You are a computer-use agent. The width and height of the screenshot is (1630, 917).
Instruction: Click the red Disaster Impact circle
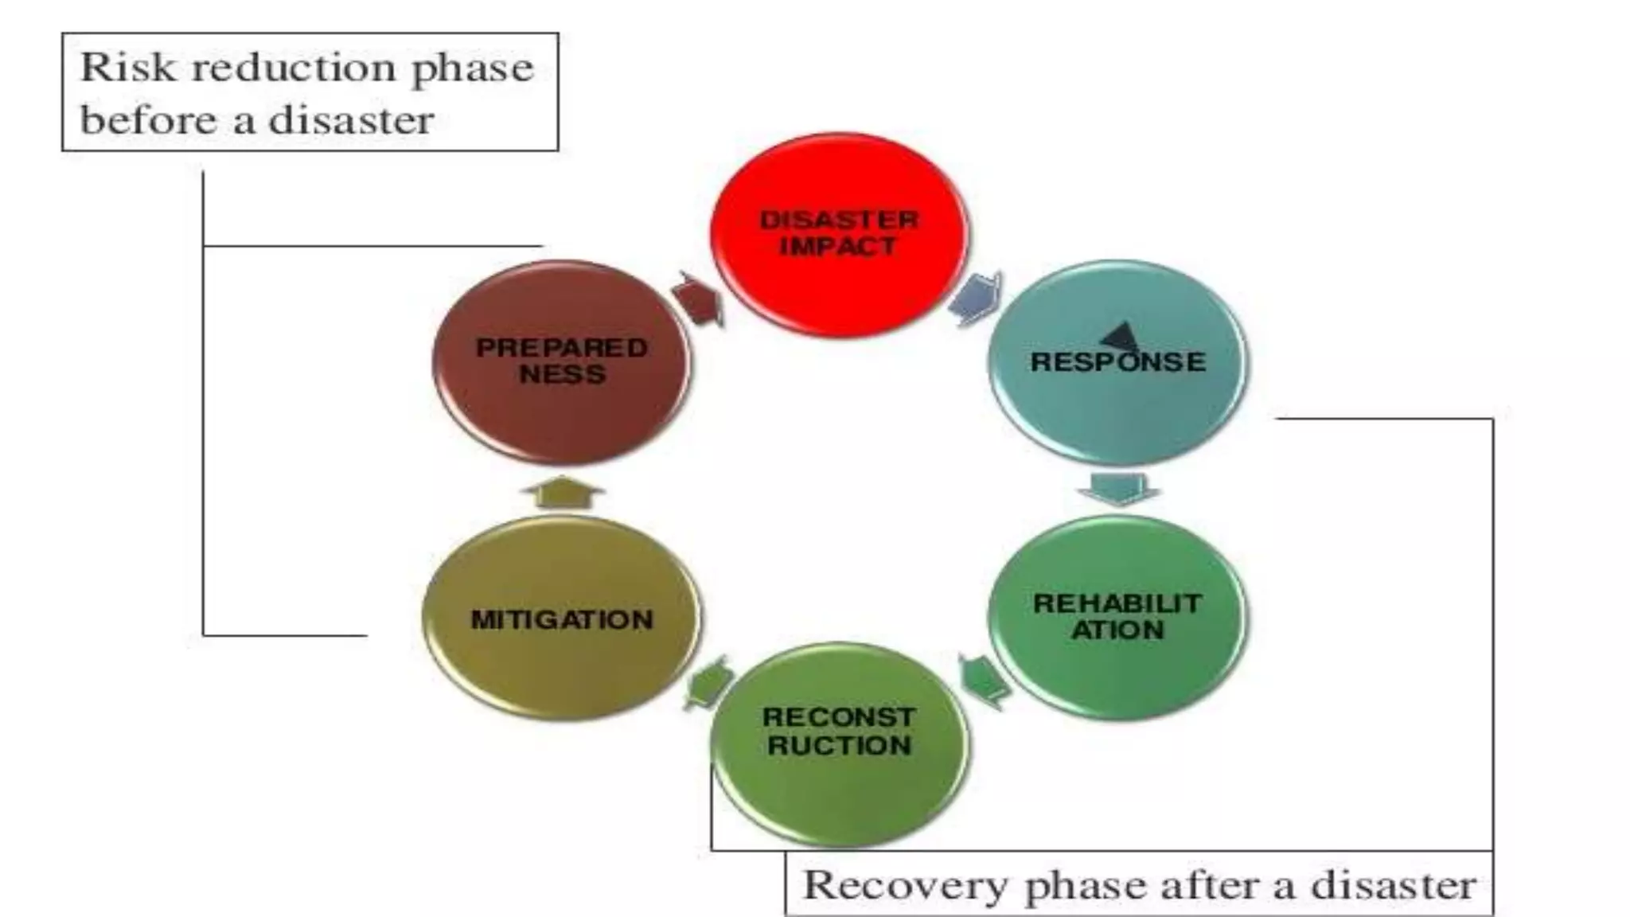pyautogui.click(x=839, y=235)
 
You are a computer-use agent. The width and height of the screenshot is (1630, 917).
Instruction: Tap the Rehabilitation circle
pyautogui.click(x=1117, y=617)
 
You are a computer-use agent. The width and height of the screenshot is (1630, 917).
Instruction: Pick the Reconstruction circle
pyautogui.click(x=839, y=744)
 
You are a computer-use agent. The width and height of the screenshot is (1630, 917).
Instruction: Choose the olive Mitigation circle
pyautogui.click(x=562, y=618)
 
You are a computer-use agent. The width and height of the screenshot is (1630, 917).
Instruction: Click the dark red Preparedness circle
pyautogui.click(x=562, y=362)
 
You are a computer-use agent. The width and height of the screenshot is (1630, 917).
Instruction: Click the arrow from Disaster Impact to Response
pyautogui.click(x=976, y=299)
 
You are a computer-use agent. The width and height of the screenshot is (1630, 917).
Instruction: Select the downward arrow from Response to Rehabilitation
pyautogui.click(x=1118, y=488)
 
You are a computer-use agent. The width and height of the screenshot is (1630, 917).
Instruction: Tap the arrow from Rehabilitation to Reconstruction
pyautogui.click(x=984, y=681)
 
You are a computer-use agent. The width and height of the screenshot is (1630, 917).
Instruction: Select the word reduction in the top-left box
pyautogui.click(x=294, y=67)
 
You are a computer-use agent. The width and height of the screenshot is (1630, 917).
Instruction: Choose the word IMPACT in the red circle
pyautogui.click(x=839, y=246)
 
